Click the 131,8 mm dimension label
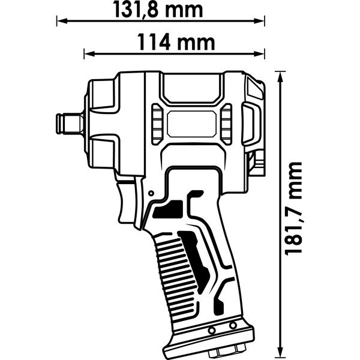point(158,10)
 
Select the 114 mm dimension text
point(176,42)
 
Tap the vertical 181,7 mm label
point(293,209)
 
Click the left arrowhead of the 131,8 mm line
point(62,21)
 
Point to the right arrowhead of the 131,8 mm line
point(259,21)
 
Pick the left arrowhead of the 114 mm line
point(89,54)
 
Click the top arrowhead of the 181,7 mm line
point(280,77)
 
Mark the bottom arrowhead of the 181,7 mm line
point(280,351)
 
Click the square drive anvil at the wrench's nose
point(70,124)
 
